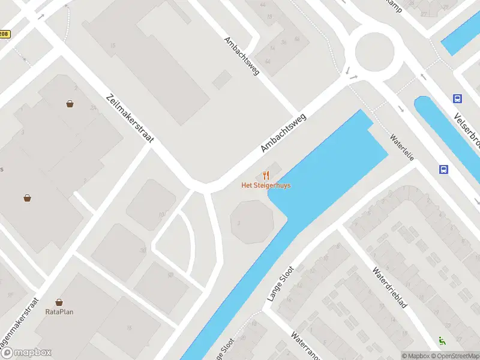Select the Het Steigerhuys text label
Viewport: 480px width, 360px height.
point(266,185)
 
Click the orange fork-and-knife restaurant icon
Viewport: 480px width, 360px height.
point(266,175)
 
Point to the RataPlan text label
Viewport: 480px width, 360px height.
point(59,311)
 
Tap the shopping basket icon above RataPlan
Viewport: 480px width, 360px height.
point(59,302)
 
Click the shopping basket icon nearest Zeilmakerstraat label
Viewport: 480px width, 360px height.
point(70,104)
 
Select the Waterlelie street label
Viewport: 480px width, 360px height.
point(402,146)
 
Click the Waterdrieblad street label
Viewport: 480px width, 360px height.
point(389,287)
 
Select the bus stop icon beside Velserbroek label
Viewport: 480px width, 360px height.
point(457,99)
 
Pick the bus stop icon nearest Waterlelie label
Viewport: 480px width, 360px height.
point(443,170)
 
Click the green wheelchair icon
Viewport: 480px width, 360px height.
point(442,340)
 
